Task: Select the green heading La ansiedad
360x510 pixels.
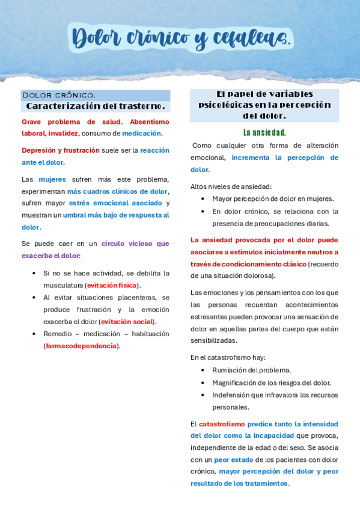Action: [x=264, y=132]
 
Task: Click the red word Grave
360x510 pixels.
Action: [x=33, y=121]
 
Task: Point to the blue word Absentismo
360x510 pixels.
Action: [x=150, y=121]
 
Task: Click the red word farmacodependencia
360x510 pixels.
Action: [x=82, y=346]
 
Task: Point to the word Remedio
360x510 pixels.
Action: [x=58, y=334]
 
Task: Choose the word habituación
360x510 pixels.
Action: [x=148, y=334]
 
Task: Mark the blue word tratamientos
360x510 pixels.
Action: [x=261, y=484]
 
